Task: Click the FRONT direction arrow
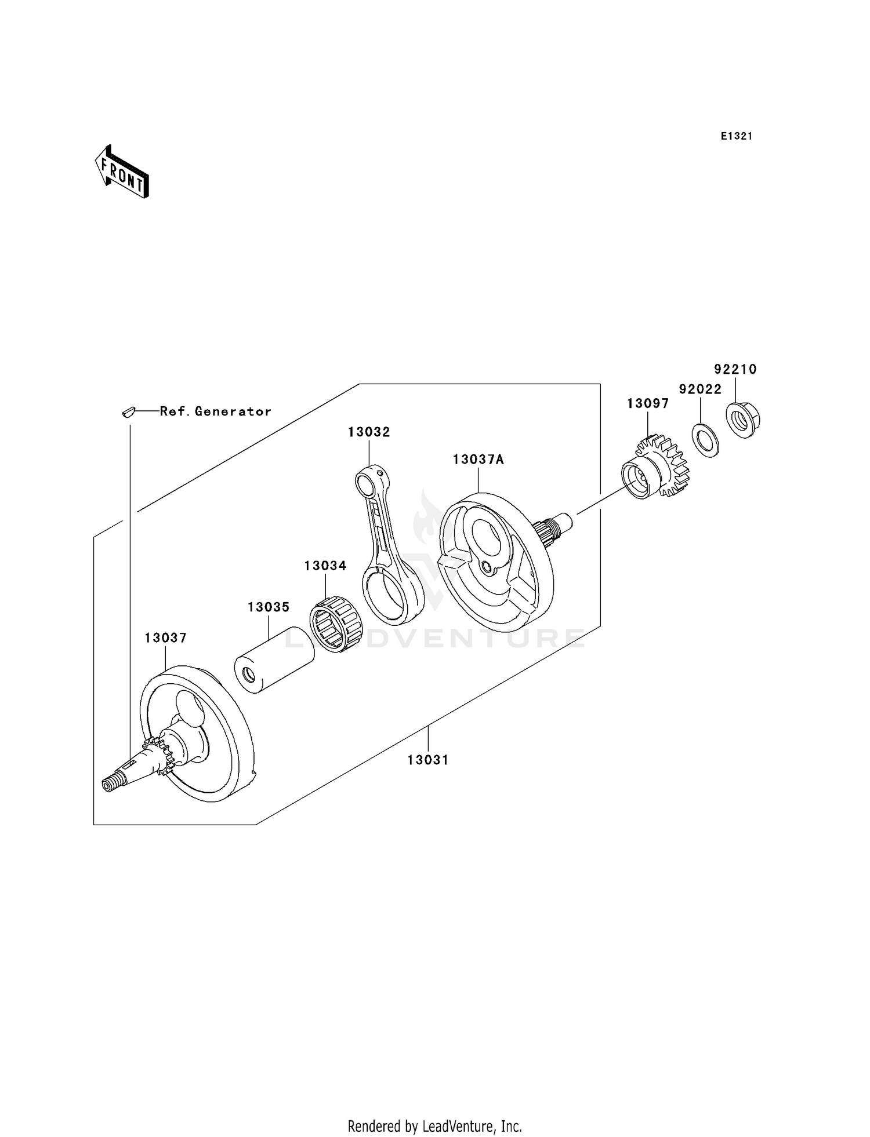tap(122, 173)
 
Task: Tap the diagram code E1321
tap(737, 136)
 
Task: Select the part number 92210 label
tap(735, 369)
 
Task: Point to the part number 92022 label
tap(700, 389)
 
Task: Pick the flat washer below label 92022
tap(705, 440)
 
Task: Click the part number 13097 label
tap(648, 404)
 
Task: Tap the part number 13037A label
tap(478, 460)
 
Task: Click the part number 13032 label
tap(369, 432)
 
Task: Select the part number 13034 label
tap(325, 566)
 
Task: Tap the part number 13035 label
tap(268, 607)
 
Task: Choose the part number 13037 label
tap(165, 638)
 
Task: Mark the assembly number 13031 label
tap(428, 760)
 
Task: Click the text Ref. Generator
tap(215, 411)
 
